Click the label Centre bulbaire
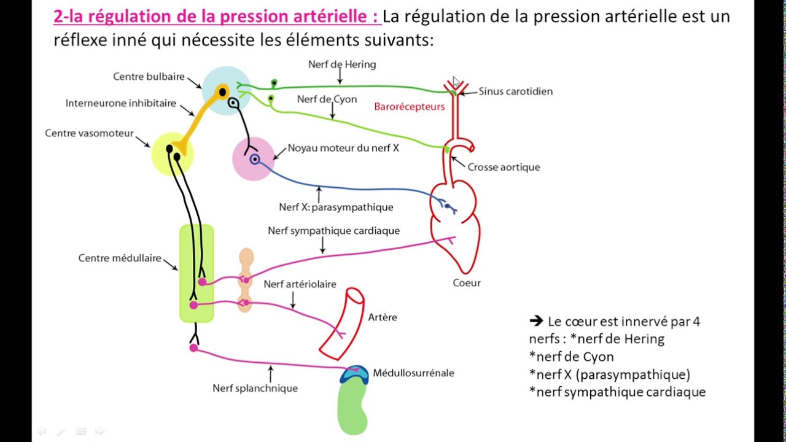pos(149,77)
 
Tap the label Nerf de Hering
pos(341,64)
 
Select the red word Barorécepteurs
pos(409,106)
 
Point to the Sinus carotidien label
pos(515,91)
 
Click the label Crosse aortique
pos(504,167)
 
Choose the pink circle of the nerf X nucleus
pos(252,159)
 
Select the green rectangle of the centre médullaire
pos(196,273)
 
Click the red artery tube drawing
pos(342,324)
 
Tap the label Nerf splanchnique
pos(255,388)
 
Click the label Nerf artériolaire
pos(300,284)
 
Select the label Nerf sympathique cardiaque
pos(333,231)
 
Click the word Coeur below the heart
pos(467,283)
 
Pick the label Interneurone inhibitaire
pos(120,103)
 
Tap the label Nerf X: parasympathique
pos(336,207)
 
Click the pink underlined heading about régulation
pos(216,17)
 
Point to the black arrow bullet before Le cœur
pos(536,321)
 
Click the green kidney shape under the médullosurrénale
pos(352,408)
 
